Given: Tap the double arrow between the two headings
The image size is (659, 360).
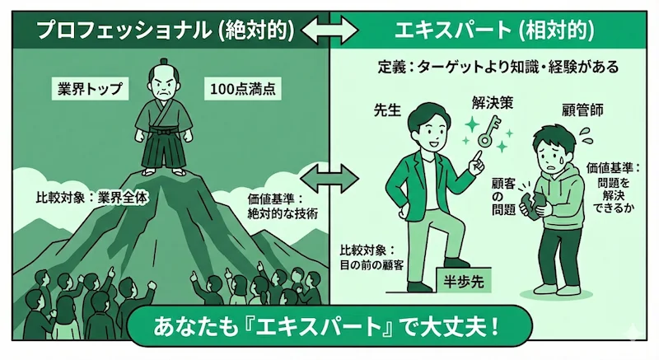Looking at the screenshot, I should [329, 31].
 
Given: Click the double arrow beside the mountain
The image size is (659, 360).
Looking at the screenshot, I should [329, 175].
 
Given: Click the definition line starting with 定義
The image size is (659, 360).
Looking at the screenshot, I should [494, 66].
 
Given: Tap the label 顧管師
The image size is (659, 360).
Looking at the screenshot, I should [575, 109].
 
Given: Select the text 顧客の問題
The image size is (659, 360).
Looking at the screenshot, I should [502, 194].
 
